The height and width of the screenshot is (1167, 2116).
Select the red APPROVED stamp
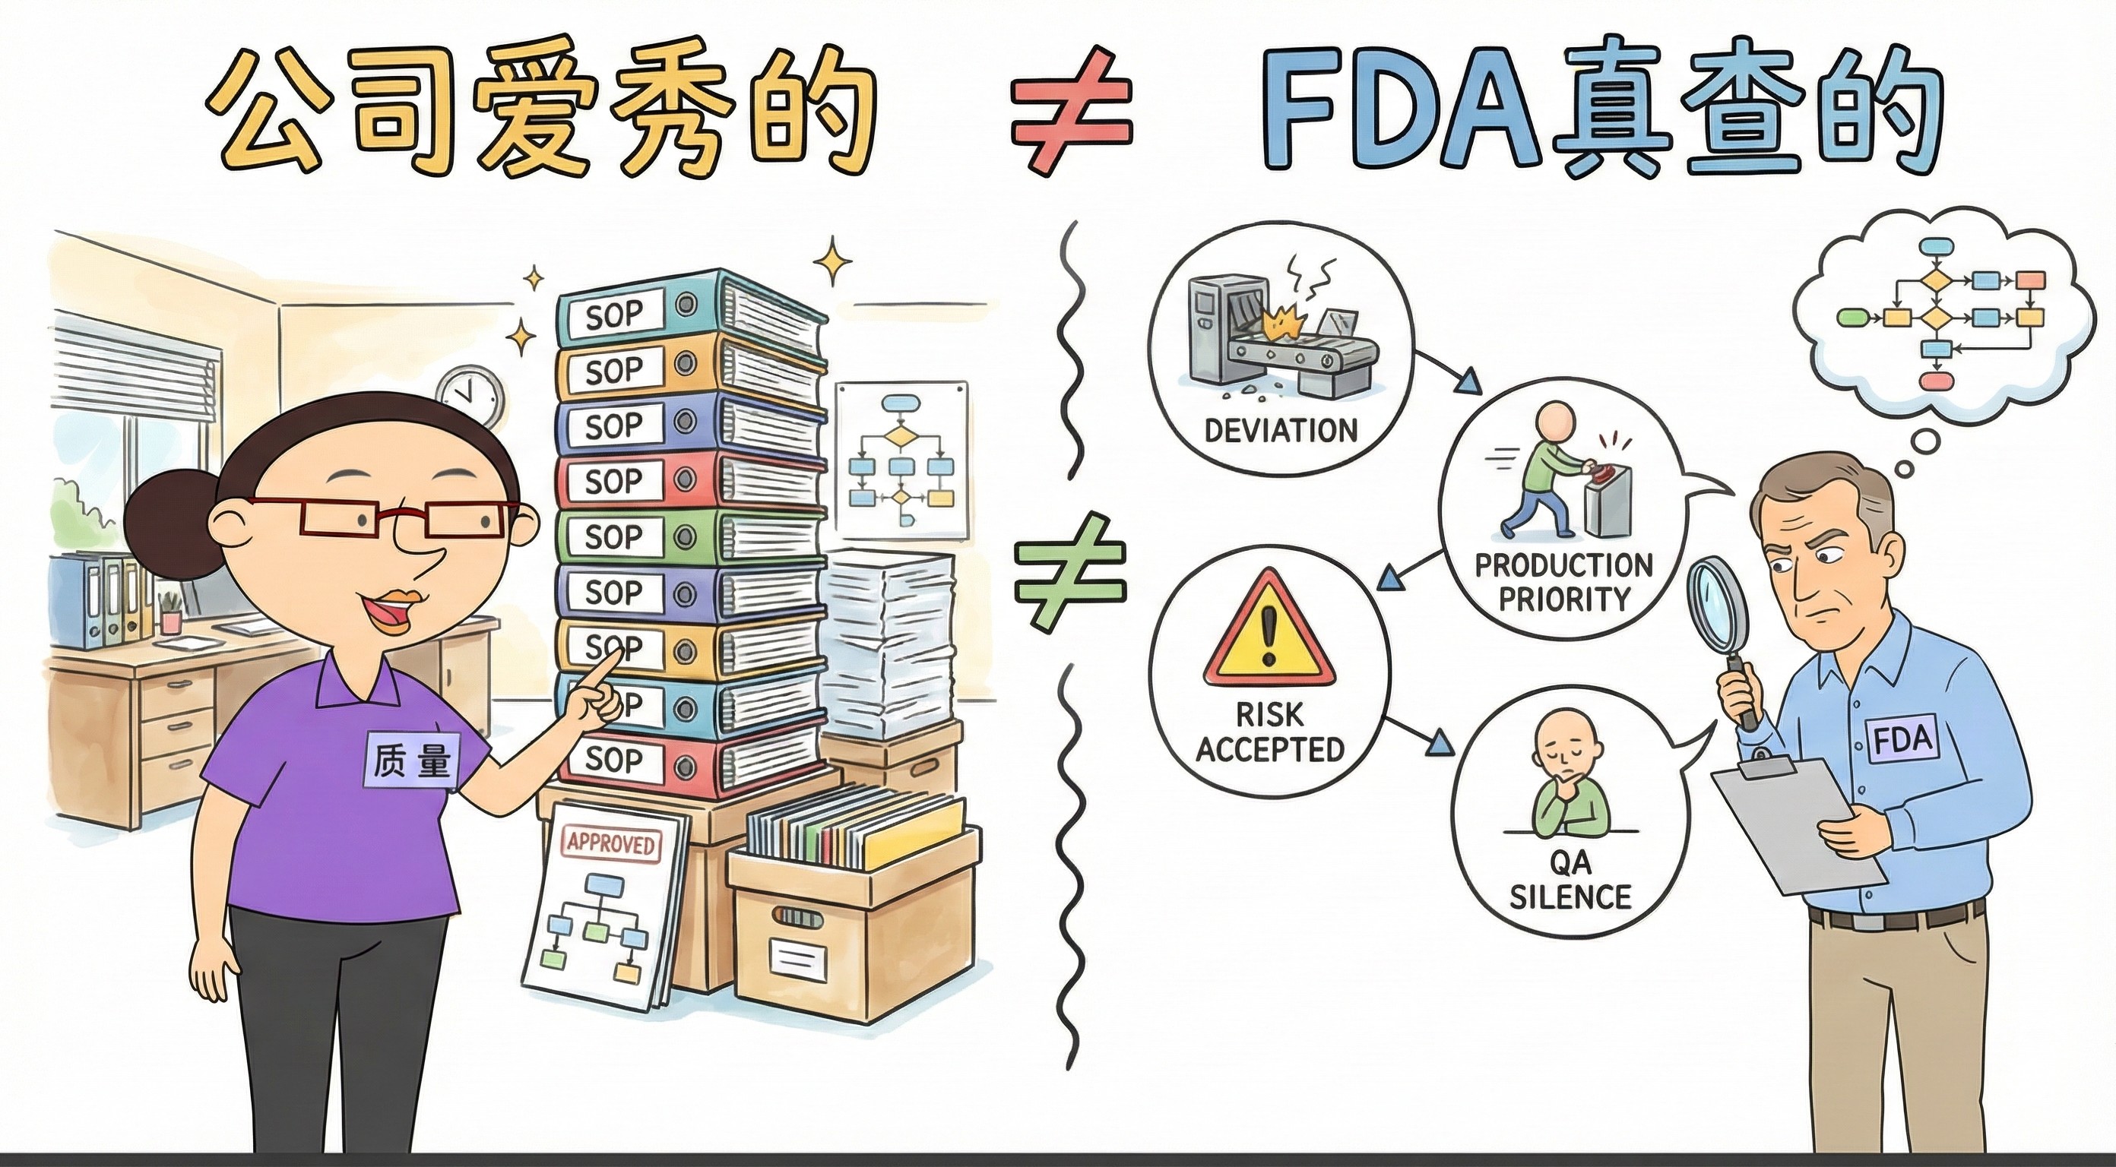(x=610, y=845)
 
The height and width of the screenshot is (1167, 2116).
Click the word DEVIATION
(x=1281, y=430)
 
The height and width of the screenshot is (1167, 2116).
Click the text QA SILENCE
(x=1570, y=880)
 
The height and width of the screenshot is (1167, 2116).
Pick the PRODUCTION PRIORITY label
(x=1563, y=581)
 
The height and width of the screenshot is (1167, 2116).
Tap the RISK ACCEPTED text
(x=1269, y=732)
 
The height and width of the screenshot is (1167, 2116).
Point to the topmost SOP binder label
(x=613, y=315)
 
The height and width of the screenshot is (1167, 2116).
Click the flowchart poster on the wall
(x=901, y=460)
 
